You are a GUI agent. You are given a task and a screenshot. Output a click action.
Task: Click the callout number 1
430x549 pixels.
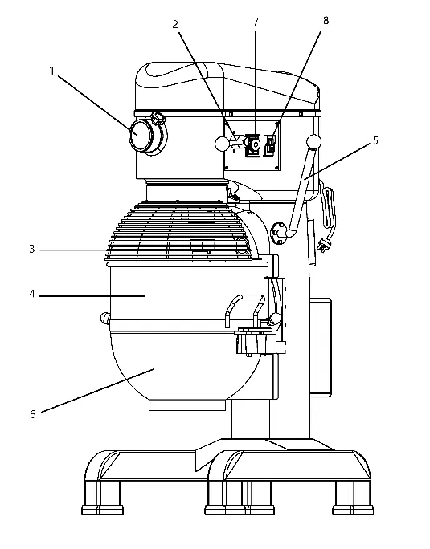click(52, 71)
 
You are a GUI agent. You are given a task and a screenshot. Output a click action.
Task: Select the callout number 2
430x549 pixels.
click(175, 24)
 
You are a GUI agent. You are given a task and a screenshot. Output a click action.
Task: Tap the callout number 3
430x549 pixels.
click(32, 250)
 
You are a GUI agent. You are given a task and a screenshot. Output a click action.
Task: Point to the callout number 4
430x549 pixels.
click(32, 294)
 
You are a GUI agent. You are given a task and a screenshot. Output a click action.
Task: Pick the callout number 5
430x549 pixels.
click(375, 140)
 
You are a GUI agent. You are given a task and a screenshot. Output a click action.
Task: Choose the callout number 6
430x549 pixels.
click(33, 414)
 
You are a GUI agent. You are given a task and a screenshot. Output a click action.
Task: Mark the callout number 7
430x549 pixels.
click(256, 22)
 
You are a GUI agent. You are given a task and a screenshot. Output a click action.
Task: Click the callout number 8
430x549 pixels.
click(326, 20)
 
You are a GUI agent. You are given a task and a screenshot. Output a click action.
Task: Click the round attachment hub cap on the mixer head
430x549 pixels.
click(141, 135)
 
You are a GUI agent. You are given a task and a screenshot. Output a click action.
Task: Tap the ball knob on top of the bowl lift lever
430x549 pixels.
click(313, 142)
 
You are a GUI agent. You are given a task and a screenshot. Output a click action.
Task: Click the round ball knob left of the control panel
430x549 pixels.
click(222, 144)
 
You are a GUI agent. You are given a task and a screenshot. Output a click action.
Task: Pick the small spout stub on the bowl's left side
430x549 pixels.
click(104, 319)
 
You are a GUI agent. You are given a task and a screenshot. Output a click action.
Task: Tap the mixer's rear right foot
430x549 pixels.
click(353, 498)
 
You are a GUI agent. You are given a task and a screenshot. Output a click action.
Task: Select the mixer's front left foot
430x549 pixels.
click(102, 498)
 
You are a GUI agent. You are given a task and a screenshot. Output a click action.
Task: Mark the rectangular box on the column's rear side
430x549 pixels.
click(321, 347)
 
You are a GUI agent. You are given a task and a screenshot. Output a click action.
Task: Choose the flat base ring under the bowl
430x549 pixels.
click(186, 405)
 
